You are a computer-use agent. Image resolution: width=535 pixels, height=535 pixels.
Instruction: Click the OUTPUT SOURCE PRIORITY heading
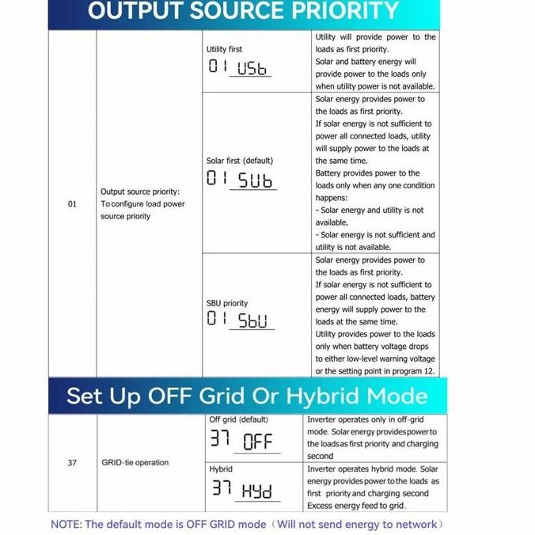[x=243, y=11]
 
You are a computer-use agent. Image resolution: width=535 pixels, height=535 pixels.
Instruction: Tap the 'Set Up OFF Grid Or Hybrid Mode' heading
[x=246, y=396]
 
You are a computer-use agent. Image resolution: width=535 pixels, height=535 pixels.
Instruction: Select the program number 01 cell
[x=72, y=204]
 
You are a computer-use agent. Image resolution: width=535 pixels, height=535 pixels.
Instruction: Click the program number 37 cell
[x=72, y=463]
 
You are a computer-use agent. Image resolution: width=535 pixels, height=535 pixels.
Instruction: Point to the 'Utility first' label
[x=224, y=49]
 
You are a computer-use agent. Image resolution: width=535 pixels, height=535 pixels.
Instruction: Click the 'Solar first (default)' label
[x=240, y=161]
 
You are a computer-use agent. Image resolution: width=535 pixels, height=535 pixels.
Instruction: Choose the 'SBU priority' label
[x=227, y=303]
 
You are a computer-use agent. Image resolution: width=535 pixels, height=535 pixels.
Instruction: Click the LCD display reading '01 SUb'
[x=240, y=180]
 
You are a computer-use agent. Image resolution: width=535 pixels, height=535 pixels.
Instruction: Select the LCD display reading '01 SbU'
[x=238, y=321]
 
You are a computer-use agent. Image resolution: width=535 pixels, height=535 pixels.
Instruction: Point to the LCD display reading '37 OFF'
[x=241, y=439]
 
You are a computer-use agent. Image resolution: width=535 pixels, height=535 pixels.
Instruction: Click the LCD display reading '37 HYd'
[x=241, y=490]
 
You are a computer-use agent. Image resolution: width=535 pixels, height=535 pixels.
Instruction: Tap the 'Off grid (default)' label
[x=238, y=419]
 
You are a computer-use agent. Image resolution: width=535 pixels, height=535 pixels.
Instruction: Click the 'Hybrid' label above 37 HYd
[x=221, y=469]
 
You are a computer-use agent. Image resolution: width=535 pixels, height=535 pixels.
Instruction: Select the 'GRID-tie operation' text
[x=135, y=463]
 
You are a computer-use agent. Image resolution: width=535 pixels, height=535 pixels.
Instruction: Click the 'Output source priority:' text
[x=140, y=192]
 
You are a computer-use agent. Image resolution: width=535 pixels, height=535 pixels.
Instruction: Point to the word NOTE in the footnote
[x=65, y=524]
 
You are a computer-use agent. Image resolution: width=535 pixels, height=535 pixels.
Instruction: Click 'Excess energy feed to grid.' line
[x=356, y=506]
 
